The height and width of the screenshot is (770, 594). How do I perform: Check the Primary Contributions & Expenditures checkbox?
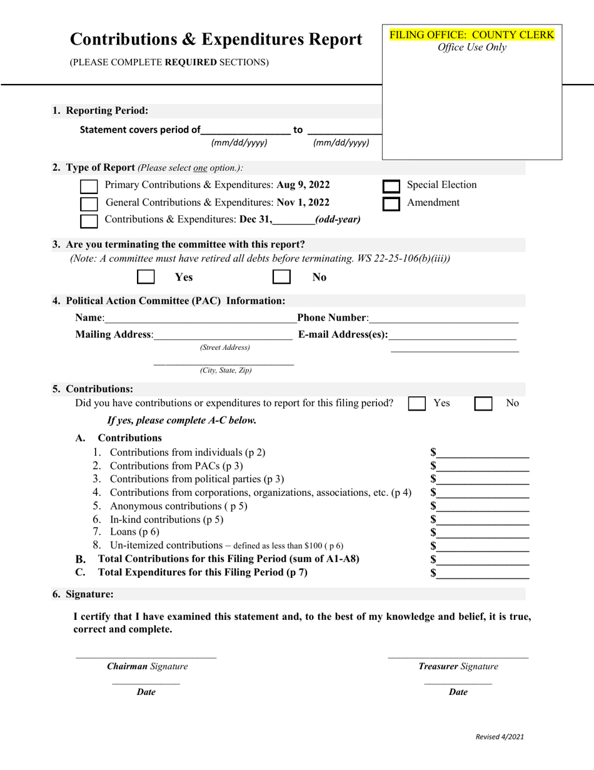click(x=89, y=187)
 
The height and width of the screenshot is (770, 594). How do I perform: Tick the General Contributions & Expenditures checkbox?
click(x=89, y=204)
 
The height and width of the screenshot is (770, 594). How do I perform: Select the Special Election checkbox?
click(x=391, y=187)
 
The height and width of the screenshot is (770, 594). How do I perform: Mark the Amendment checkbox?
click(x=391, y=204)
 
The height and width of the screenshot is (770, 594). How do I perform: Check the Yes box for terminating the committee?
click(x=146, y=277)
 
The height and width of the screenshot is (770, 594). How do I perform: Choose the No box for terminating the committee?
click(x=281, y=277)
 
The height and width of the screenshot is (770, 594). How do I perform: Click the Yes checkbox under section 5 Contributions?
click(x=417, y=404)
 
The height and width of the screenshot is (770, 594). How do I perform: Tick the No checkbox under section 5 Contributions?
click(x=483, y=404)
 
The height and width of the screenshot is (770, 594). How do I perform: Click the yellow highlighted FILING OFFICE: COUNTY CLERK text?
click(x=472, y=35)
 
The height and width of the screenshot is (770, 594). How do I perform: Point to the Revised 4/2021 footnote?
click(x=500, y=737)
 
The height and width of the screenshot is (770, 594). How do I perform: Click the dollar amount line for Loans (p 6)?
click(x=483, y=533)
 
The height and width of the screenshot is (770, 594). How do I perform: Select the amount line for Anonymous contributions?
click(x=483, y=506)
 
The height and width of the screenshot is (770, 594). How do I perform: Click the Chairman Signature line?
click(x=146, y=656)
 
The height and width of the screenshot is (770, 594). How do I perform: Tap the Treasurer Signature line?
click(x=458, y=656)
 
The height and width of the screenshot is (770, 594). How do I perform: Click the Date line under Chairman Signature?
click(x=146, y=683)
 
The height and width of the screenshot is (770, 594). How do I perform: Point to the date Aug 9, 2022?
click(x=303, y=185)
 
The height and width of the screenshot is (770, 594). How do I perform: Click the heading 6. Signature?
click(x=83, y=594)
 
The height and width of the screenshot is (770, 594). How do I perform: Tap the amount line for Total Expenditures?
click(x=483, y=573)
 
